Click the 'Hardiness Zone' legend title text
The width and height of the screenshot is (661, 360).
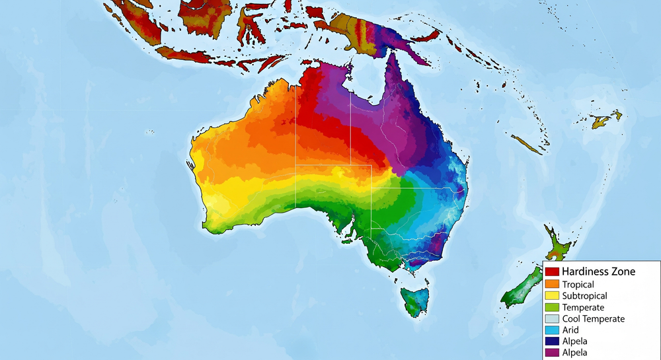[598, 271]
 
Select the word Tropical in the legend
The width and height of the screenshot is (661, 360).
[578, 284]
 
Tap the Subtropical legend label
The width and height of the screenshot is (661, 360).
[584, 296]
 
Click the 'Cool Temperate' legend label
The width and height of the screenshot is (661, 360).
[593, 319]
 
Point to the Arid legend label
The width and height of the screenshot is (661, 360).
[570, 330]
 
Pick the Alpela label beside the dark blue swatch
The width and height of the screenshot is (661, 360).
[575, 342]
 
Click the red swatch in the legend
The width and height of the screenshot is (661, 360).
[553, 271]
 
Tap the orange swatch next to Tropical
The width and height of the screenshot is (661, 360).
[553, 284]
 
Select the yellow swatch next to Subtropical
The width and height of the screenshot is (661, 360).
[553, 296]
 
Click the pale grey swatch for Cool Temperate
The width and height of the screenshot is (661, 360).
[553, 319]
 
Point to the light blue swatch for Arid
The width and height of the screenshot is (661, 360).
[553, 330]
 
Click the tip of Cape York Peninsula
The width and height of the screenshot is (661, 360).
[392, 55]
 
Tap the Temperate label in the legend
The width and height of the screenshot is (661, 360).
[582, 308]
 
